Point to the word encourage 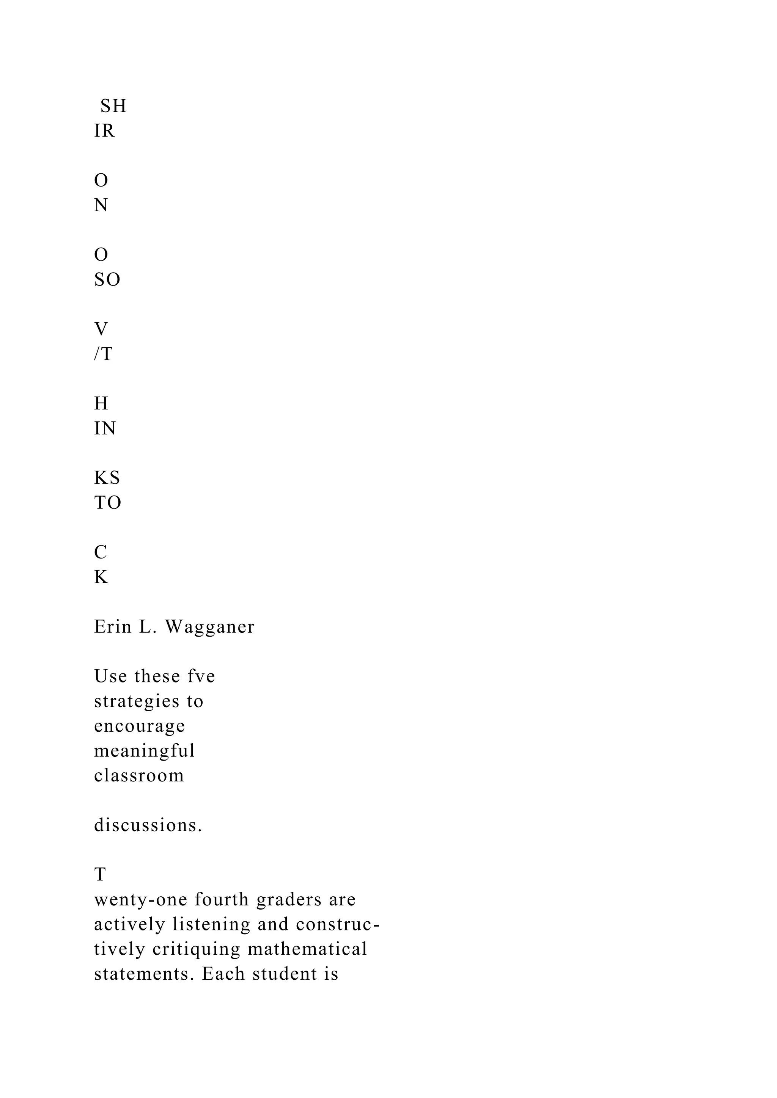coord(139,726)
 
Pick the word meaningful coord(144,751)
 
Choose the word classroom coord(139,775)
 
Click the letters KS coord(107,478)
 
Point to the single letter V coord(101,329)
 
